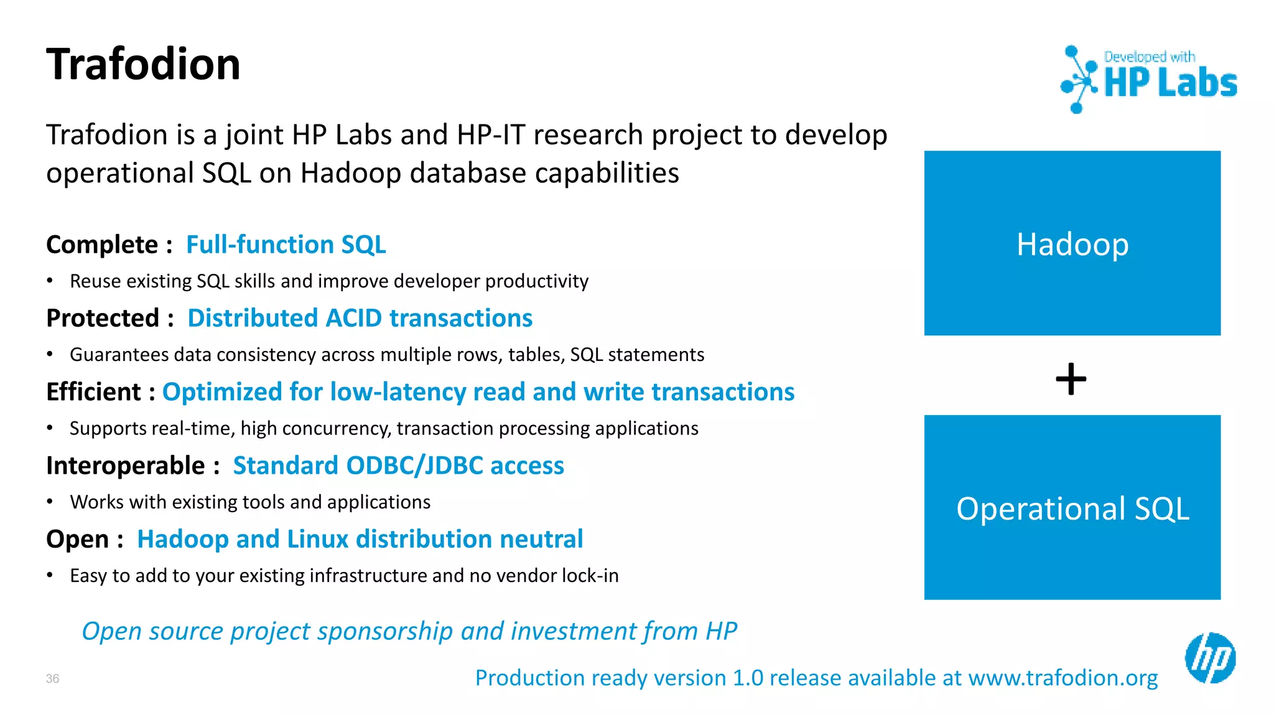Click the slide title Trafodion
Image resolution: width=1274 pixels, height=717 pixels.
(x=143, y=65)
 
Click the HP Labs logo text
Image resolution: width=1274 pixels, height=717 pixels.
(x=1170, y=83)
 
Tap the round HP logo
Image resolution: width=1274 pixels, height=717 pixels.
(x=1210, y=658)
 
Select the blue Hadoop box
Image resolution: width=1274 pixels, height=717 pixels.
(x=1072, y=243)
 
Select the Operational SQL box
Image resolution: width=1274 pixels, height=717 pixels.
(x=1072, y=508)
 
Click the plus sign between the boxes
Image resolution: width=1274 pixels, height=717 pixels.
(x=1071, y=379)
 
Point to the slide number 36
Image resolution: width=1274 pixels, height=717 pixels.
(x=52, y=678)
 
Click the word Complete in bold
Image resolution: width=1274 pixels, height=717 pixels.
(x=102, y=245)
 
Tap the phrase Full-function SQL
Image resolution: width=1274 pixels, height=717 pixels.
(x=286, y=245)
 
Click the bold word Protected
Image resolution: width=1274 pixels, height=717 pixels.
(x=103, y=318)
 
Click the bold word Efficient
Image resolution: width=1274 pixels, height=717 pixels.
(x=93, y=392)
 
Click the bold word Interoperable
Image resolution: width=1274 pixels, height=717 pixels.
(x=125, y=466)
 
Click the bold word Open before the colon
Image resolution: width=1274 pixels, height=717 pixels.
(x=77, y=539)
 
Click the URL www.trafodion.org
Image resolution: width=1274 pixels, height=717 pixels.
(x=1062, y=678)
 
